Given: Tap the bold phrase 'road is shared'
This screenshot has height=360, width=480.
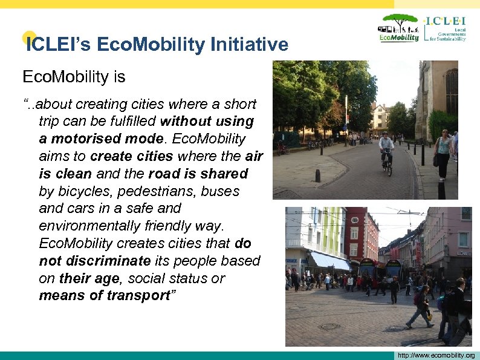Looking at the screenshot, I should pos(198,174).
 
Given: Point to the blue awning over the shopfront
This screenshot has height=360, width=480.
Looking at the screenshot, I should pos(329,261).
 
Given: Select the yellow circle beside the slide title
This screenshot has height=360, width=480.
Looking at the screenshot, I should pos(28,38).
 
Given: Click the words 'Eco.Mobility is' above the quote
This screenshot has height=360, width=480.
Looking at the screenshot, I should pos(74,77).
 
